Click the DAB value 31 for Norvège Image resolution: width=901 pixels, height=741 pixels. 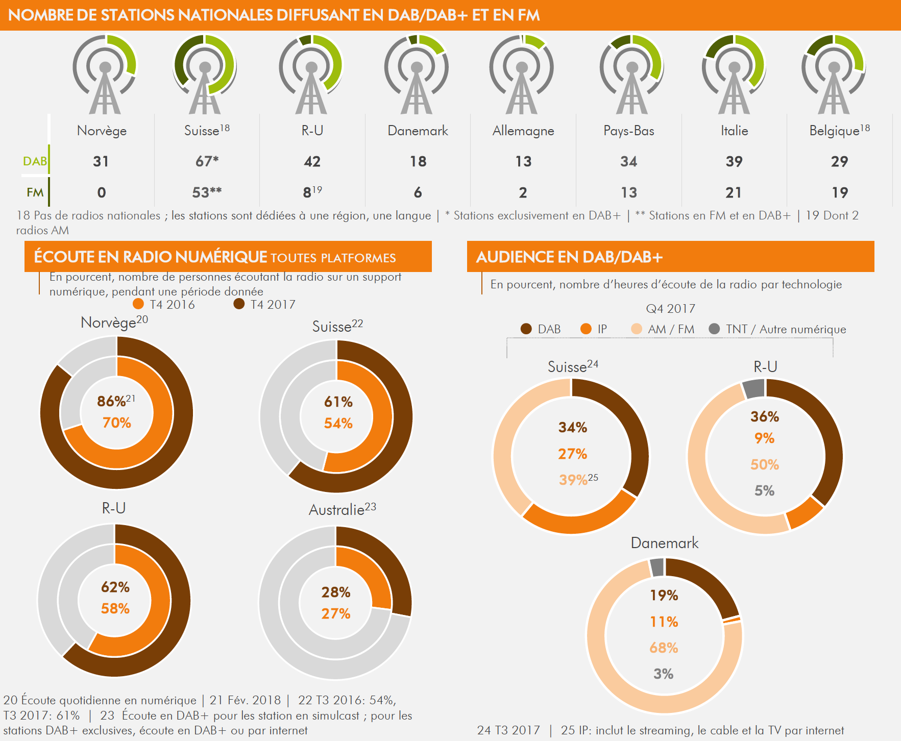(x=101, y=161)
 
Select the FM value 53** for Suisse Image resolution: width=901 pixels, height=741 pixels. (x=207, y=192)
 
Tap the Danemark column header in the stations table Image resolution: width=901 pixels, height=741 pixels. (x=418, y=131)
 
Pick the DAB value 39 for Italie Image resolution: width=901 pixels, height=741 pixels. (x=734, y=161)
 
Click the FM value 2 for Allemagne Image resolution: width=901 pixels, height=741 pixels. (x=523, y=192)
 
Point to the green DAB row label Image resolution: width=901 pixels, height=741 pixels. (x=35, y=161)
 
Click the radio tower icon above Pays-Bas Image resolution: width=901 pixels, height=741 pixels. (x=631, y=74)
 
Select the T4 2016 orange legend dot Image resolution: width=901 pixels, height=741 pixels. (x=138, y=304)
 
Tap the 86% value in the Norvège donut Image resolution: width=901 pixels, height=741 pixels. (x=112, y=401)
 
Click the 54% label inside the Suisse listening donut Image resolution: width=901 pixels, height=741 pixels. (x=338, y=423)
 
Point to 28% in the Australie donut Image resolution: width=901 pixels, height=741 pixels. (x=336, y=592)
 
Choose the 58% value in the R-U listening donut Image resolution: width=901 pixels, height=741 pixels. (x=115, y=608)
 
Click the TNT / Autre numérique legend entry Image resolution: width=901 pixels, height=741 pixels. (x=786, y=329)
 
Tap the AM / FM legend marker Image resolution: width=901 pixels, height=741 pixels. (x=637, y=329)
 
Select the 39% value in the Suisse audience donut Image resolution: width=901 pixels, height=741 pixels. (x=573, y=480)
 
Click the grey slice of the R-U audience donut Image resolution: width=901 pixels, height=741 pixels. (x=753, y=389)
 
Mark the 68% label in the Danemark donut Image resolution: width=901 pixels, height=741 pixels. (x=664, y=648)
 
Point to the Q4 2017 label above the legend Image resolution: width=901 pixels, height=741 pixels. (x=670, y=309)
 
